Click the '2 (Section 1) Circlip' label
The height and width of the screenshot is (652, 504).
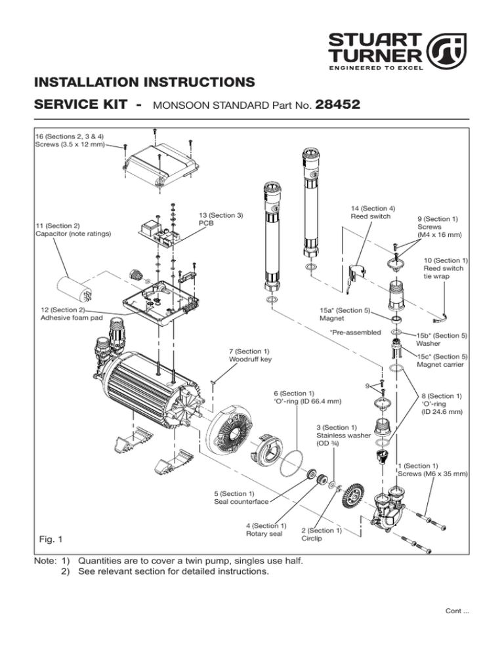(x=322, y=535)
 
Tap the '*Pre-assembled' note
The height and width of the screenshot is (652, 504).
(x=355, y=333)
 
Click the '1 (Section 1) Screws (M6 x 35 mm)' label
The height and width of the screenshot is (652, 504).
(x=433, y=469)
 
